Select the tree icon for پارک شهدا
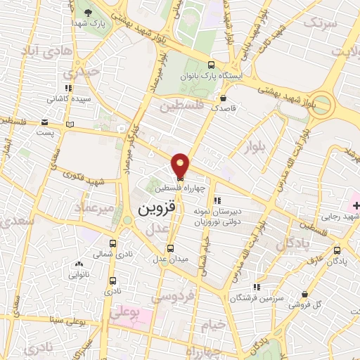click(88, 13)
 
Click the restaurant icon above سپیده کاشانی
click(67, 89)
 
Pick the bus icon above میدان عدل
click(171, 248)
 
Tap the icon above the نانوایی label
click(78, 264)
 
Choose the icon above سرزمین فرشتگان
click(257, 287)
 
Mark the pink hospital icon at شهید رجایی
click(357, 205)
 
